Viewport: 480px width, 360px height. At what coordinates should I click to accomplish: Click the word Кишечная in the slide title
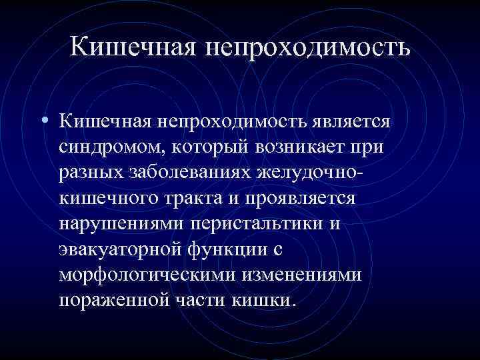point(129,46)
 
